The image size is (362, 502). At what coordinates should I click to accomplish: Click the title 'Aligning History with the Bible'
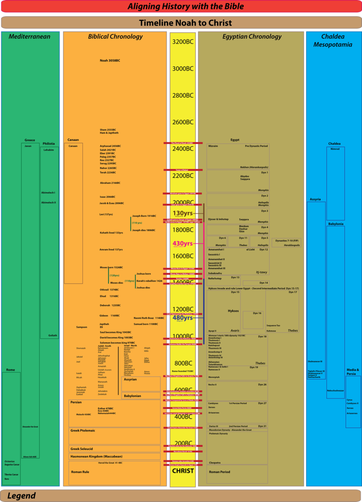[x=186, y=6]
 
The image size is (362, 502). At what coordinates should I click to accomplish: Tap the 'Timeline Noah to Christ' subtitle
[x=185, y=23]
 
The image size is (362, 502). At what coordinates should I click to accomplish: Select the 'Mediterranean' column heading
[x=29, y=37]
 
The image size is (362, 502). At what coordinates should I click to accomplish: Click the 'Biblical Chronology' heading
[x=115, y=37]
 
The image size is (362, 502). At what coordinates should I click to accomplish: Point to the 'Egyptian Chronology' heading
[x=252, y=37]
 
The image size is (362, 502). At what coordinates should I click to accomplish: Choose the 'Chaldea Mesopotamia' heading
[x=333, y=40]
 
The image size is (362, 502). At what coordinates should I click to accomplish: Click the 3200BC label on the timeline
[x=183, y=42]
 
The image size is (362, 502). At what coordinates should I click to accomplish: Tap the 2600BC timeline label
[x=183, y=122]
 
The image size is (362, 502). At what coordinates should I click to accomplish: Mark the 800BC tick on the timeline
[x=183, y=363]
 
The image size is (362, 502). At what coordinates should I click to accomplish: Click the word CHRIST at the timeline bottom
[x=183, y=471]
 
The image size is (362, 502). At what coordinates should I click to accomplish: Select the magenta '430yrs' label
[x=183, y=244]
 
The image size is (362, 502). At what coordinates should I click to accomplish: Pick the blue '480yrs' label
[x=183, y=318]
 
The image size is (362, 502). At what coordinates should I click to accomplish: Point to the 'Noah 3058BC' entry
[x=110, y=60]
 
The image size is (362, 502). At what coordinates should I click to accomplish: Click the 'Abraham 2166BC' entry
[x=110, y=183]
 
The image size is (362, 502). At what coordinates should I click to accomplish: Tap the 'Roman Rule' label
[x=80, y=472]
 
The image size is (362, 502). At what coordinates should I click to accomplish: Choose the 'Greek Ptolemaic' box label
[x=83, y=430]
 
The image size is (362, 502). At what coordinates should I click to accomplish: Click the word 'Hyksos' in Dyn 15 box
[x=233, y=311]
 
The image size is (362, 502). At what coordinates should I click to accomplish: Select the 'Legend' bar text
[x=21, y=496]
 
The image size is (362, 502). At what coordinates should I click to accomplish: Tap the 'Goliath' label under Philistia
[x=52, y=335]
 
